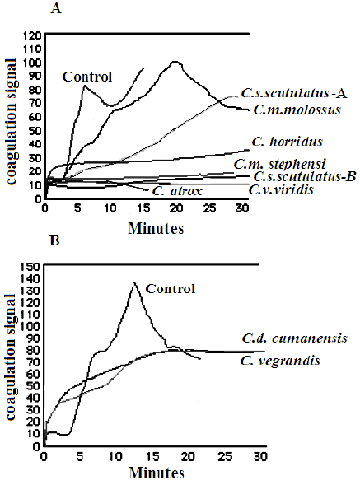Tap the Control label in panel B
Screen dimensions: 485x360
[x=171, y=289]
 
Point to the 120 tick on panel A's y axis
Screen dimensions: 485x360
[x=32, y=35]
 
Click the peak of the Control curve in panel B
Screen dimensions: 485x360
[x=133, y=282]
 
